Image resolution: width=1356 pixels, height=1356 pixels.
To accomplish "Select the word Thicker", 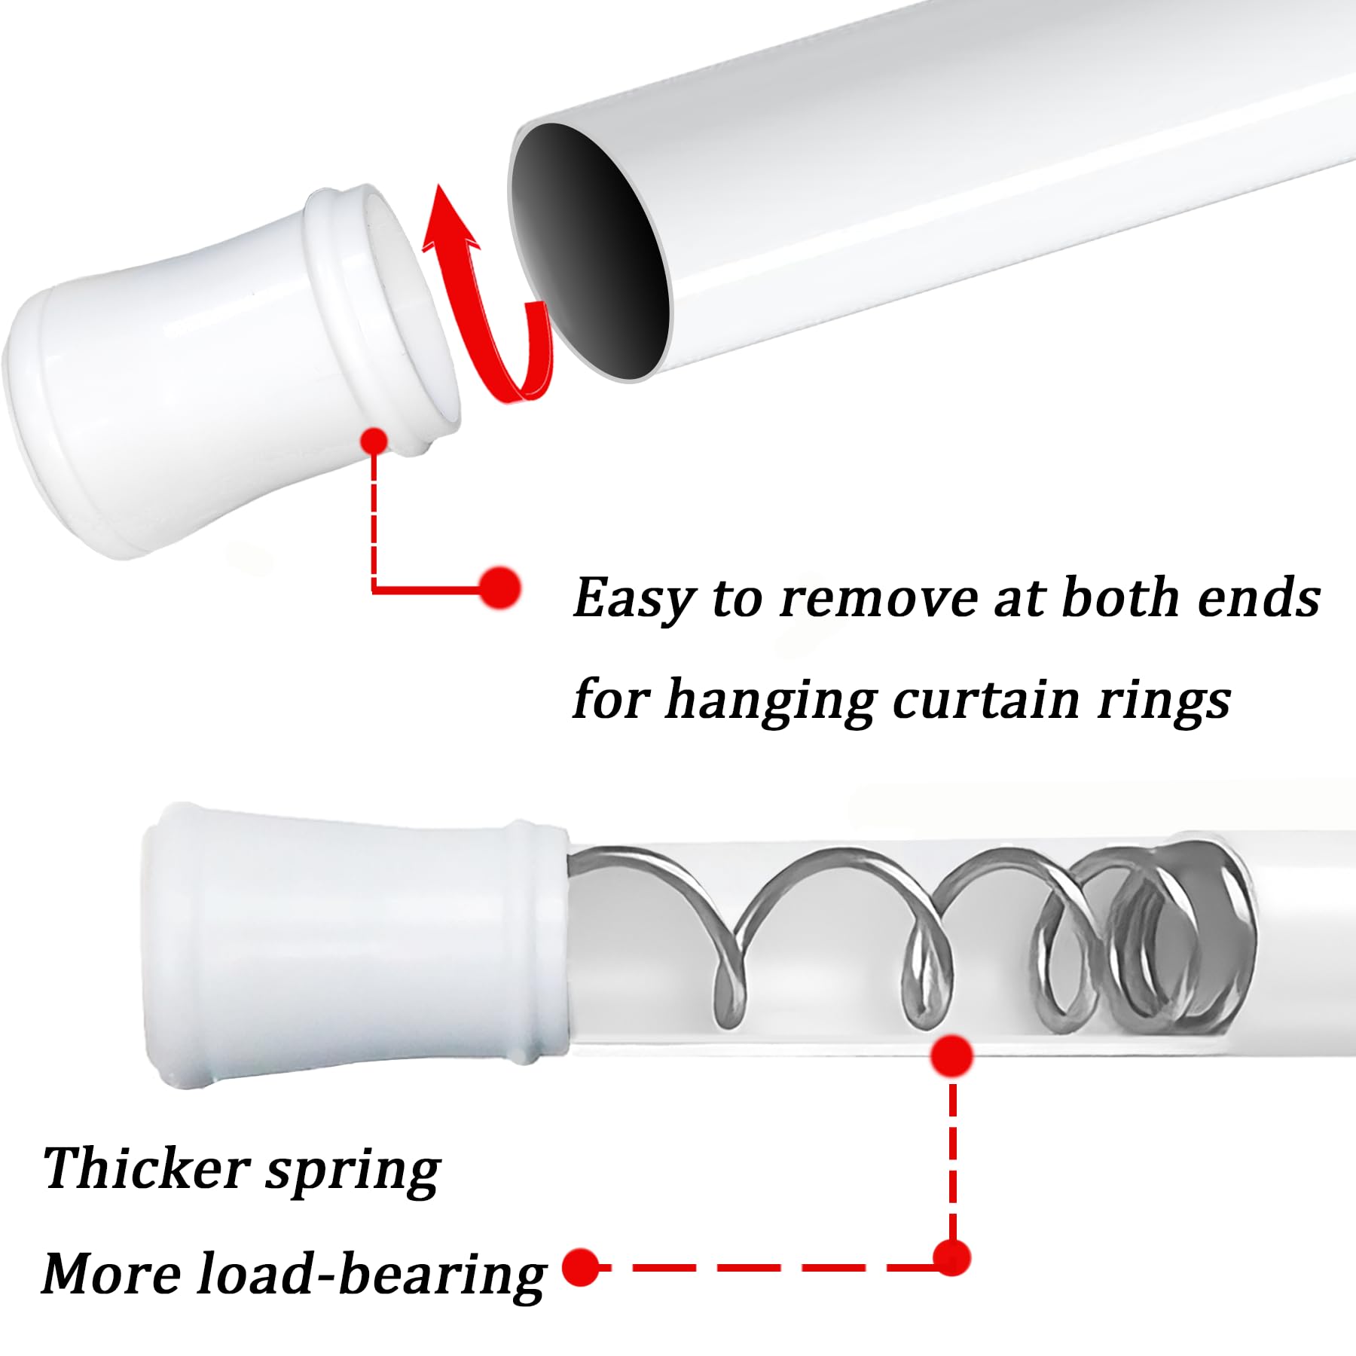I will [x=146, y=1169].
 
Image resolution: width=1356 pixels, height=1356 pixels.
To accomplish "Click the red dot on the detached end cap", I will [x=374, y=441].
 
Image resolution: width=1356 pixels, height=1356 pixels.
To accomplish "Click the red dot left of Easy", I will [x=499, y=588].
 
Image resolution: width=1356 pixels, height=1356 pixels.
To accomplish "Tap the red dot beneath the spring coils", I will [x=951, y=1055].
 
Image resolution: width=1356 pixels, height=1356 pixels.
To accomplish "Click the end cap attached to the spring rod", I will [x=354, y=942].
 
